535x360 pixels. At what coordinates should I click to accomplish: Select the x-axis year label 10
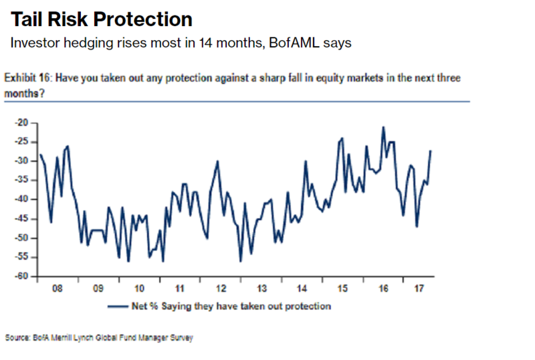tap(139, 290)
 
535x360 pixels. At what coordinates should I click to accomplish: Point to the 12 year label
tap(221, 290)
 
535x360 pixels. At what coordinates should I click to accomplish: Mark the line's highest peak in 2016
tap(383, 126)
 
